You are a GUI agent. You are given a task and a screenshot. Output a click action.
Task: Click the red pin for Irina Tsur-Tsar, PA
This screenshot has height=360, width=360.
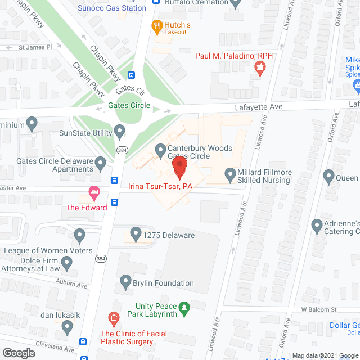[x=179, y=168]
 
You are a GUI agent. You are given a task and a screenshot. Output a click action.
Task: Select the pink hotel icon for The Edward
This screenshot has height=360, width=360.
[x=94, y=193]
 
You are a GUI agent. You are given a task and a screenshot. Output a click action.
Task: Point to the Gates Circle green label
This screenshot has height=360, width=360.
[x=129, y=105]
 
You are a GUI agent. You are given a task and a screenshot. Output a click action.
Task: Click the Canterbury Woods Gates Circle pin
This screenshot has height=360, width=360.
[x=160, y=150]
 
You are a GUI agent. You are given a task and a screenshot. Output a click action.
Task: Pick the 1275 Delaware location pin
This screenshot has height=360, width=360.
[x=135, y=232]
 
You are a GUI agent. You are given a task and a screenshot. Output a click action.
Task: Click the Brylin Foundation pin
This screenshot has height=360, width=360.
[x=125, y=280]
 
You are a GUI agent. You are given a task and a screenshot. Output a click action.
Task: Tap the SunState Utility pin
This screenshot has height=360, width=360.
[x=119, y=132]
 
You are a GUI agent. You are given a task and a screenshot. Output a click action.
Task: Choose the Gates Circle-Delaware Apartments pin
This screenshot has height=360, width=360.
[x=101, y=164]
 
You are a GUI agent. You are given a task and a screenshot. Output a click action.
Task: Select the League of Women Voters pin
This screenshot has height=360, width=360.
[x=79, y=234]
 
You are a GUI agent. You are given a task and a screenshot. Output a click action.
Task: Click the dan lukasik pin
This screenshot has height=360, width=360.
[x=67, y=326]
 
